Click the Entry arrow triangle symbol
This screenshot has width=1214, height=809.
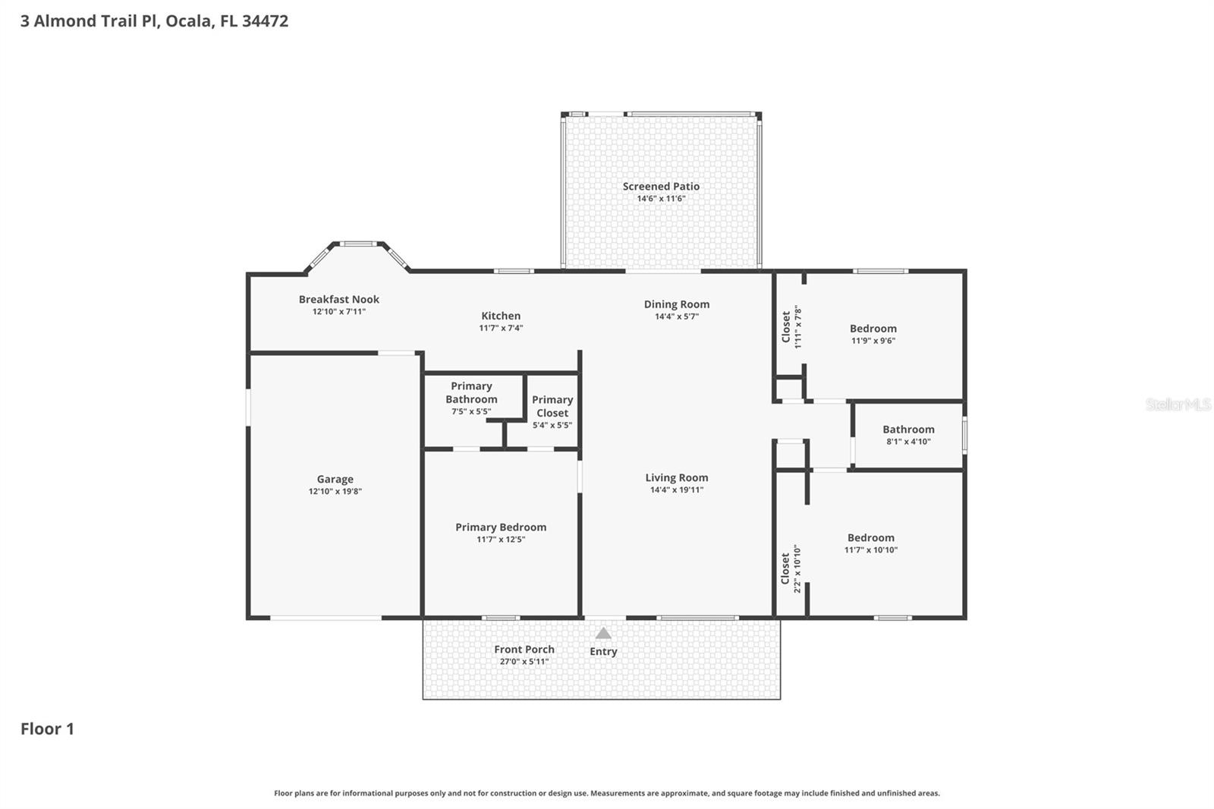point(603,634)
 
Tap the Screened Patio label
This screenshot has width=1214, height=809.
point(661,186)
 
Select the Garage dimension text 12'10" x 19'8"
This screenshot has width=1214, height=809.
point(335,491)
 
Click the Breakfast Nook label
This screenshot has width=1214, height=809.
point(338,299)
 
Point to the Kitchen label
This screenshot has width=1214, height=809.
point(501,316)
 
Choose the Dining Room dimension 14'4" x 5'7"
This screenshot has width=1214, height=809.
point(677,316)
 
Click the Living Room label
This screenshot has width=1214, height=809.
point(676,477)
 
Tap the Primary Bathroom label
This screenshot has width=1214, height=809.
point(471,392)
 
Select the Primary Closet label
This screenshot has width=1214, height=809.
point(552,406)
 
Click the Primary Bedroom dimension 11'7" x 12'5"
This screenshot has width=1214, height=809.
point(501,539)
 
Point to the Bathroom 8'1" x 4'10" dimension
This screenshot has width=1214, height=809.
point(908,442)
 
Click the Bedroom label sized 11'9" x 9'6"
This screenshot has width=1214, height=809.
point(873,329)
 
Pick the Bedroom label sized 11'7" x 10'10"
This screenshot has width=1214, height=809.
point(871,538)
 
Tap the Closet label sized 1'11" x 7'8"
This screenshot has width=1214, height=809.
point(786,326)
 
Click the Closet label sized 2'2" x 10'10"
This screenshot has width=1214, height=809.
point(785,568)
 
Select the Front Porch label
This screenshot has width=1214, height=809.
point(524,649)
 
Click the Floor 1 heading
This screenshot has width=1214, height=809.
point(47,729)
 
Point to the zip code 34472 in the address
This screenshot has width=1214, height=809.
point(265,20)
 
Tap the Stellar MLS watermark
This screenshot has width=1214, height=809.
point(1178,404)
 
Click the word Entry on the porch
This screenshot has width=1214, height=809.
point(603,651)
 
